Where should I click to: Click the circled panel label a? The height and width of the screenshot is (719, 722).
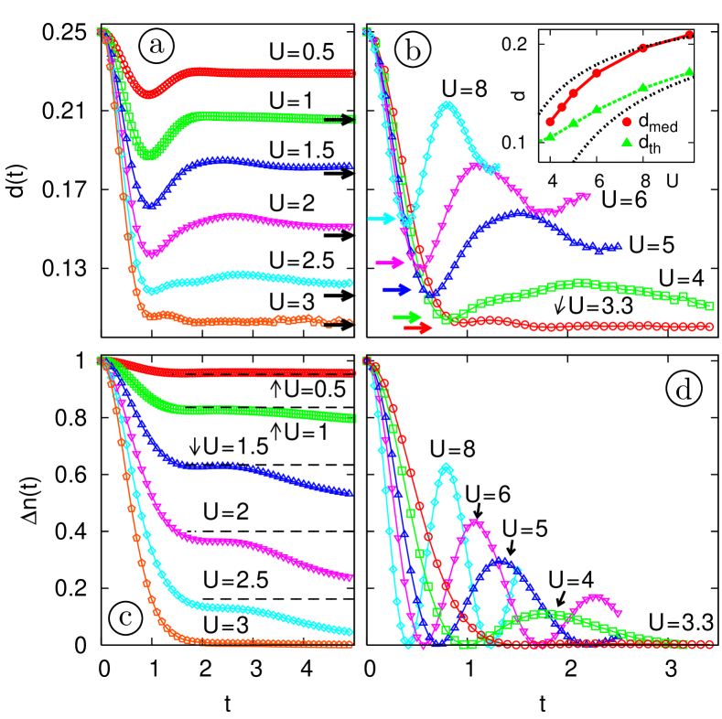[156, 45]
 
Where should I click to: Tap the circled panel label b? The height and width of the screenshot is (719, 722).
[413, 51]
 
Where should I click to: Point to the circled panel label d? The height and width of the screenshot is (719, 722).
[683, 391]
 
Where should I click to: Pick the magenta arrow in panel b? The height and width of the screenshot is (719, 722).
[390, 263]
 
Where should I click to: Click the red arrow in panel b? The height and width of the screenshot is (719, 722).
[418, 328]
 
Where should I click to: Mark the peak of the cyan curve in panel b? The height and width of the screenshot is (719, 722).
[447, 106]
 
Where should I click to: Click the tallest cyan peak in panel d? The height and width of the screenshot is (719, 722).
[446, 467]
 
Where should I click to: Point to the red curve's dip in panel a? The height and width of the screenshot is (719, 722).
[146, 94]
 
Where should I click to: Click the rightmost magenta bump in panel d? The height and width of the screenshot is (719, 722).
[595, 598]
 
